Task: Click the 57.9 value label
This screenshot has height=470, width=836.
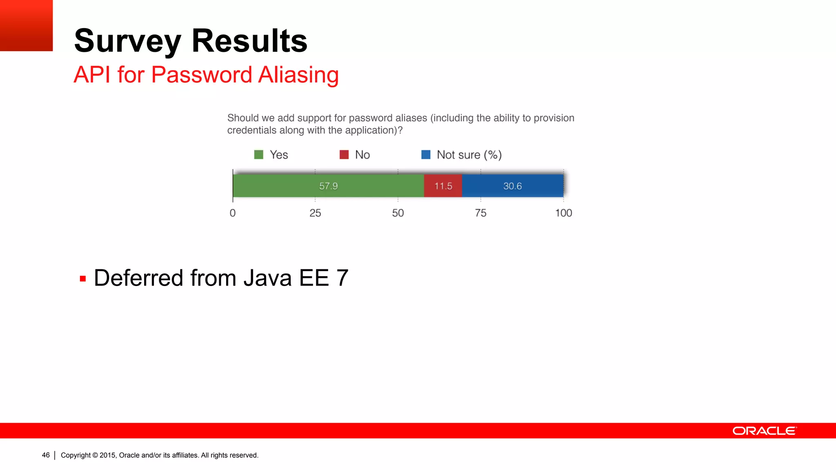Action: [328, 186]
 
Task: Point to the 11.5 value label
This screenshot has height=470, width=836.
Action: [443, 186]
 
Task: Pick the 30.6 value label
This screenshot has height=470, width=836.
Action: [512, 186]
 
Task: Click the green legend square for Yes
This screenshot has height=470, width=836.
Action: [259, 155]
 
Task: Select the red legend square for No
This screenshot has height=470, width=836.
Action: [344, 155]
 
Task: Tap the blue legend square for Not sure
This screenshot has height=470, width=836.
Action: [426, 155]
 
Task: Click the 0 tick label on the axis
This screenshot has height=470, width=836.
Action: [233, 213]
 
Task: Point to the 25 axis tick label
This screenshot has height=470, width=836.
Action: [315, 213]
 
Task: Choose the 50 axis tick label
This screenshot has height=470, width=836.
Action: [398, 213]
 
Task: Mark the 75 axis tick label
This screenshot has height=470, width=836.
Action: [480, 213]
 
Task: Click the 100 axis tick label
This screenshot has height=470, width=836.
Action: [563, 213]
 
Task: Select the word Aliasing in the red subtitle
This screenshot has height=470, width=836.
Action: [298, 75]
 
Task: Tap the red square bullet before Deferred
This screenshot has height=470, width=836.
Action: [83, 279]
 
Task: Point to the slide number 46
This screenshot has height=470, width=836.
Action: [46, 455]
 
